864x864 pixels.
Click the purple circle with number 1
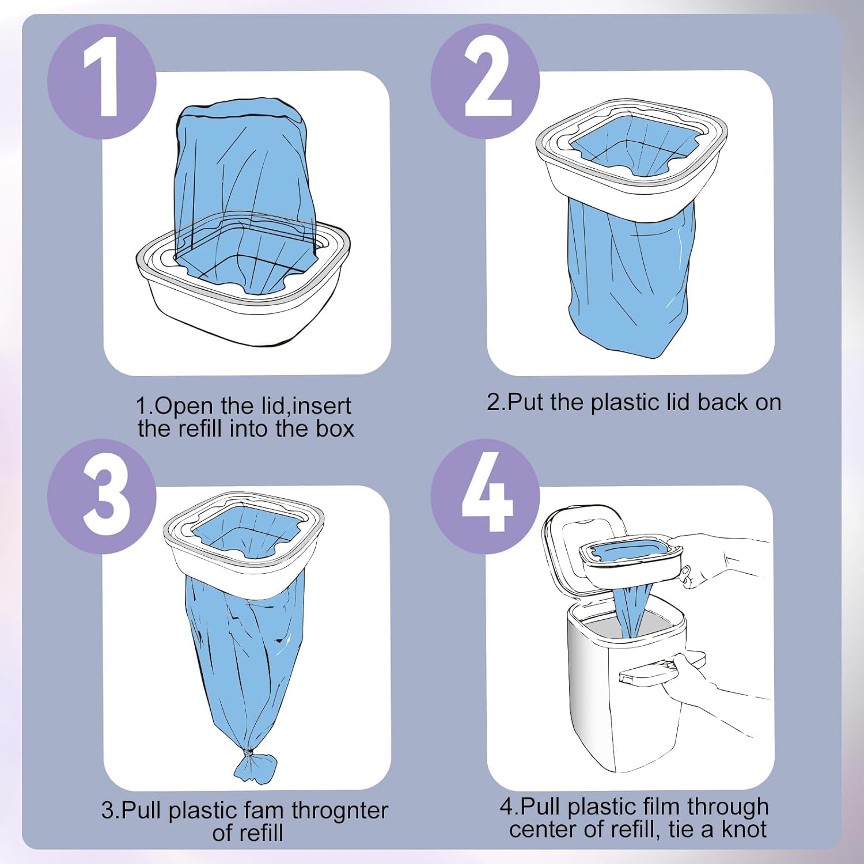point(101,81)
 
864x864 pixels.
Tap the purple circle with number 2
point(485,81)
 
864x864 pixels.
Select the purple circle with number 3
point(101,496)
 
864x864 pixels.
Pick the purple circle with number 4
point(485,496)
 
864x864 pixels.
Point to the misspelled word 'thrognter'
point(340,810)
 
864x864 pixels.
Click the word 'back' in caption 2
point(722,402)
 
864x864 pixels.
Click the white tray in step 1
point(242,311)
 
